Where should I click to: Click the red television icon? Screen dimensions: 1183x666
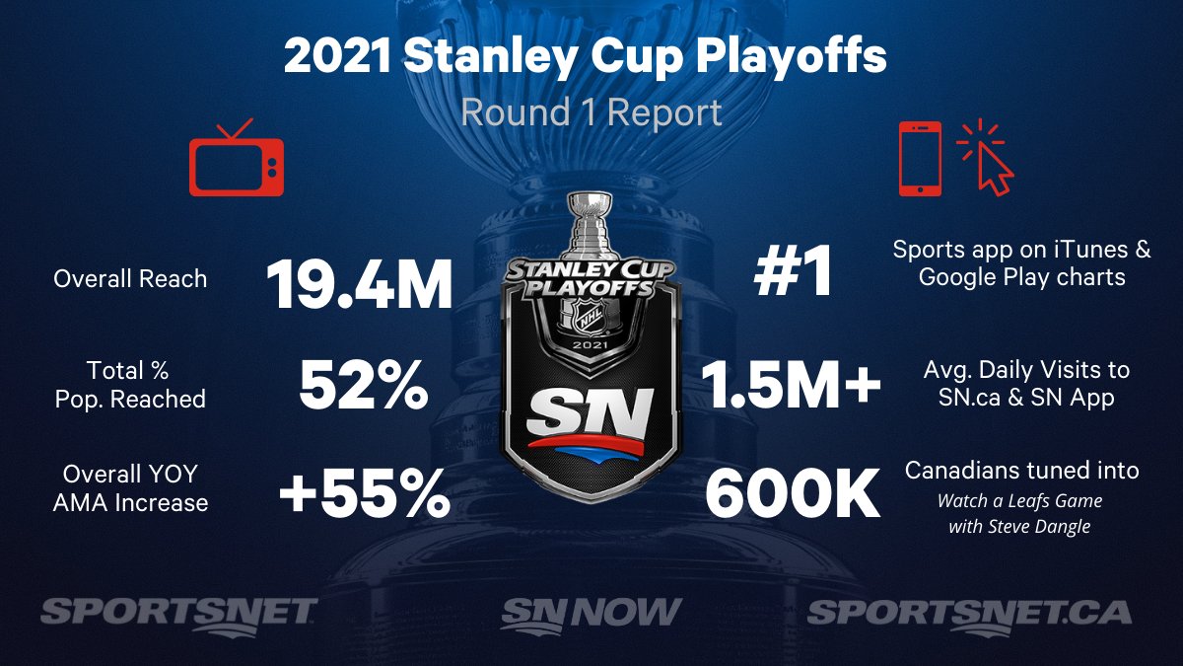[x=237, y=159]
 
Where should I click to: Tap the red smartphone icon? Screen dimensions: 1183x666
[x=920, y=159]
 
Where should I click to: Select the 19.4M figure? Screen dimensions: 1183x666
[x=360, y=284]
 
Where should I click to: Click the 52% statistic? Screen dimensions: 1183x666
[x=364, y=384]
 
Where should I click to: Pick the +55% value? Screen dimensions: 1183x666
[x=365, y=493]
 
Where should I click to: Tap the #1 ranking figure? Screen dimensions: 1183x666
[x=793, y=270]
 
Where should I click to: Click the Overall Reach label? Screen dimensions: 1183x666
[x=130, y=279]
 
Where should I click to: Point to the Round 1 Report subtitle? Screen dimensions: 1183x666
[x=591, y=112]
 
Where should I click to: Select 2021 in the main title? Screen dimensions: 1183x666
[x=337, y=56]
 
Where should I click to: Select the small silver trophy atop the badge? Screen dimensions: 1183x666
[x=591, y=227]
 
